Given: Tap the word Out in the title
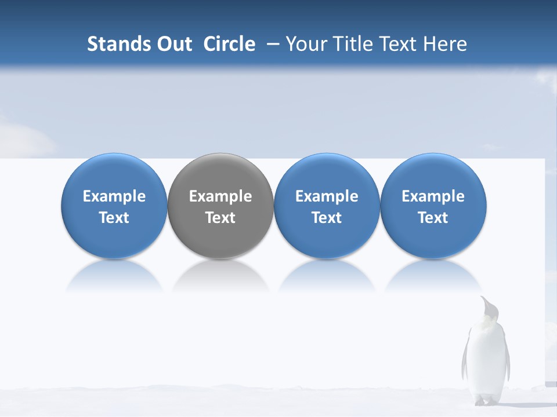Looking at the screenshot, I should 173,44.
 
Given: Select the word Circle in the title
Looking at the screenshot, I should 229,44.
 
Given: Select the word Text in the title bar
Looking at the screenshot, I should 400,44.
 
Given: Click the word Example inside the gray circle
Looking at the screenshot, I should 220,196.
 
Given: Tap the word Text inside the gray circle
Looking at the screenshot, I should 220,218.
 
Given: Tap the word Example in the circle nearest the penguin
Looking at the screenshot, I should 433,196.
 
